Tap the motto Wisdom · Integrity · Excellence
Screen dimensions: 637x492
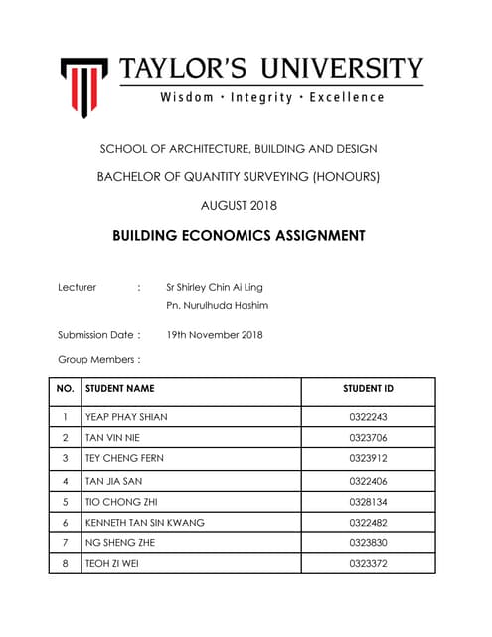pyautogui.click(x=271, y=97)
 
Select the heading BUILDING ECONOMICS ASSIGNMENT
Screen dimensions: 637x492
pyautogui.click(x=239, y=236)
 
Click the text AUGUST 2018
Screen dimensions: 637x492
pyautogui.click(x=239, y=206)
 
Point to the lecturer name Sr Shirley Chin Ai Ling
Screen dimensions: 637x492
pyautogui.click(x=215, y=287)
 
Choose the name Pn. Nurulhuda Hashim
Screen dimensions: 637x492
pyautogui.click(x=217, y=305)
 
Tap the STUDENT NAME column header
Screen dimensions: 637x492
pyautogui.click(x=120, y=389)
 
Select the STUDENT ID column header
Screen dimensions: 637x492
pyautogui.click(x=368, y=389)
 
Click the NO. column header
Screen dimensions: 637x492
pyautogui.click(x=65, y=389)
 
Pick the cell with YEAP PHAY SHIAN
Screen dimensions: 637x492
pyautogui.click(x=127, y=417)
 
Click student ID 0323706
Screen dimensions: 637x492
pyautogui.click(x=368, y=438)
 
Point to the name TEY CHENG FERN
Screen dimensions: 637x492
pyautogui.click(x=125, y=459)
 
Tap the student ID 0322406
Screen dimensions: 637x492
pyautogui.click(x=368, y=481)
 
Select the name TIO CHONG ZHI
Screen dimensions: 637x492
pyautogui.click(x=121, y=502)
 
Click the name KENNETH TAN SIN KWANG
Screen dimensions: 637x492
pyautogui.click(x=145, y=523)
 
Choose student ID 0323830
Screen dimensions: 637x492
pyautogui.click(x=368, y=543)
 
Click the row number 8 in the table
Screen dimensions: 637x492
pyautogui.click(x=65, y=564)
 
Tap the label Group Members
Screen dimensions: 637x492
pyautogui.click(x=98, y=360)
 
